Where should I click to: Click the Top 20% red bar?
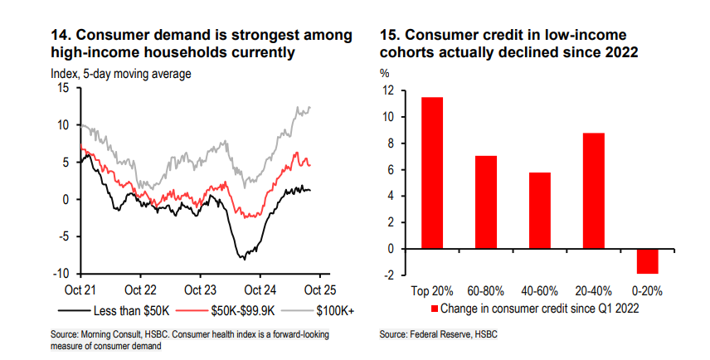(431, 173)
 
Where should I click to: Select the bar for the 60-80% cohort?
(486, 202)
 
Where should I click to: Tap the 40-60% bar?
(541, 210)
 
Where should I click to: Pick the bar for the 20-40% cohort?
(595, 190)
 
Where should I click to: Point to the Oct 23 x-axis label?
(201, 290)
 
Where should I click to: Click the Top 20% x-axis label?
(431, 290)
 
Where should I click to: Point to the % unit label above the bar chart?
(385, 73)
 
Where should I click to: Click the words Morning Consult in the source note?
(107, 333)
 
